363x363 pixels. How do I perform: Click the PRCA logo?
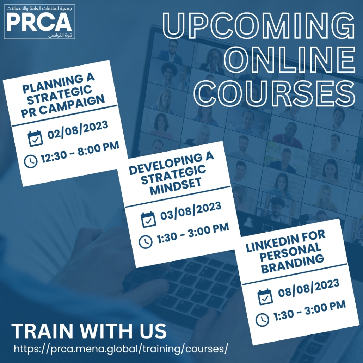pyautogui.click(x=39, y=21)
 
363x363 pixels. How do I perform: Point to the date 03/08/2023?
pyautogui.click(x=191, y=211)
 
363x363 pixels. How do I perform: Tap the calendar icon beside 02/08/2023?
pyautogui.click(x=35, y=138)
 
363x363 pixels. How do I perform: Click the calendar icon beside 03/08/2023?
pyautogui.click(x=148, y=219)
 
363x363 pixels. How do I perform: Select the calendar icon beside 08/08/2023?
pyautogui.click(x=265, y=297)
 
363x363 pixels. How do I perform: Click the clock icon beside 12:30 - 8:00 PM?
pyautogui.click(x=31, y=161)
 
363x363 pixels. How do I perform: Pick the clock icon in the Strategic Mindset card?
pyautogui.click(x=146, y=242)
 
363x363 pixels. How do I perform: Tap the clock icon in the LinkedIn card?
pyautogui.click(x=262, y=320)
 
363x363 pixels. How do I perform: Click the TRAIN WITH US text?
pyautogui.click(x=89, y=331)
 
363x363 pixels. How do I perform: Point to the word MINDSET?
pyautogui.click(x=176, y=186)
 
